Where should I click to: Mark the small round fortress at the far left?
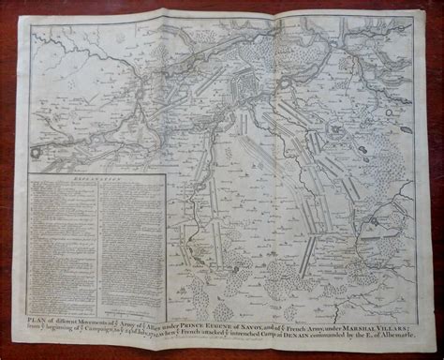coord(36,147)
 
